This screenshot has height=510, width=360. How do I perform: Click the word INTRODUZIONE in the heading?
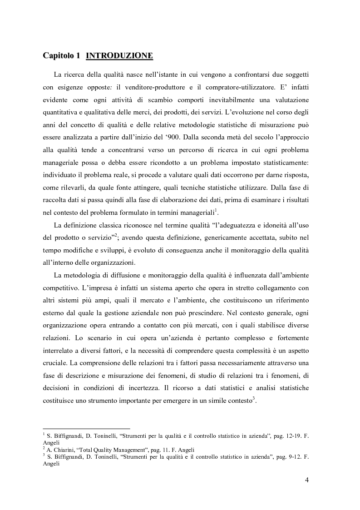(x=119, y=56)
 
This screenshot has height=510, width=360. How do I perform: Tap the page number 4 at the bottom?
(x=307, y=480)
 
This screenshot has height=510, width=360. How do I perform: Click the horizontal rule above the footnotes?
(x=86, y=428)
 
